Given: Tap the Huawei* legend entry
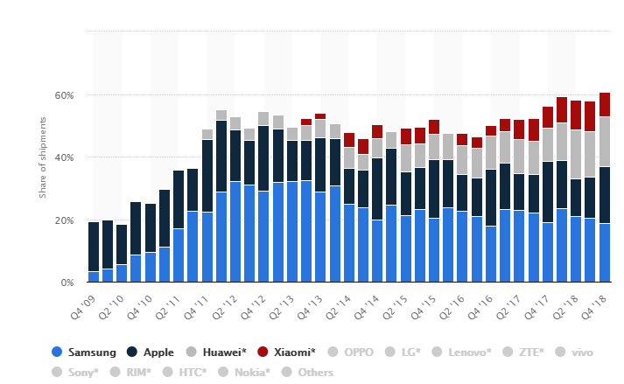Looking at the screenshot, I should pyautogui.click(x=219, y=353).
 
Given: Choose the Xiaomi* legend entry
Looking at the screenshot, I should pyautogui.click(x=289, y=353).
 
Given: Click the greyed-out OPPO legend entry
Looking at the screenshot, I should pyautogui.click(x=351, y=353).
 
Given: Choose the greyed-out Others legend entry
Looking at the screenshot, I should pyautogui.click(x=308, y=373).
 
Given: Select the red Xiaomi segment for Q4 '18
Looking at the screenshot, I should pyautogui.click(x=605, y=104).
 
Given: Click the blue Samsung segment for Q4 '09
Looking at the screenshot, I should pyautogui.click(x=94, y=277).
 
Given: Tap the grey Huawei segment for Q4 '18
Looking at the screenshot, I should pyautogui.click(x=605, y=141).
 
